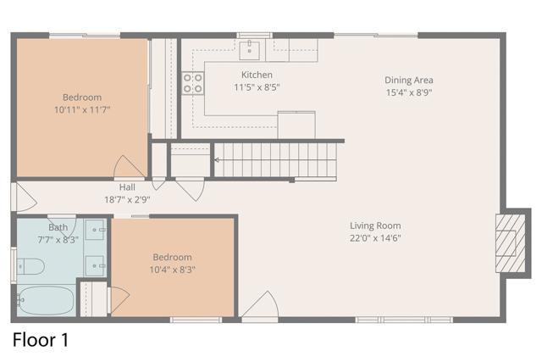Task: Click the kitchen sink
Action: click(x=250, y=50)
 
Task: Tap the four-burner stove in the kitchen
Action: click(x=193, y=82)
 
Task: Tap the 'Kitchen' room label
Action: click(x=257, y=75)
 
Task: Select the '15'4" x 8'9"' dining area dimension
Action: click(x=409, y=92)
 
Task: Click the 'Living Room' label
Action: click(x=375, y=226)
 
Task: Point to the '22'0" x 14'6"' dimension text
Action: click(x=375, y=238)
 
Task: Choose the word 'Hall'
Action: click(x=127, y=187)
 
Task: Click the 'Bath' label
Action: click(x=58, y=227)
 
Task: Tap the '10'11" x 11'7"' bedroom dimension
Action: click(x=82, y=109)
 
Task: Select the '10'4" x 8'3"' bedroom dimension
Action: click(x=172, y=270)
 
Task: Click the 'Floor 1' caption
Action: click(x=40, y=341)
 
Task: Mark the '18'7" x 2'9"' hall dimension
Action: click(x=127, y=199)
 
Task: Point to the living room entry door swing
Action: click(x=260, y=306)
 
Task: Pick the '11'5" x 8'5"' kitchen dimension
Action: click(x=257, y=86)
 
